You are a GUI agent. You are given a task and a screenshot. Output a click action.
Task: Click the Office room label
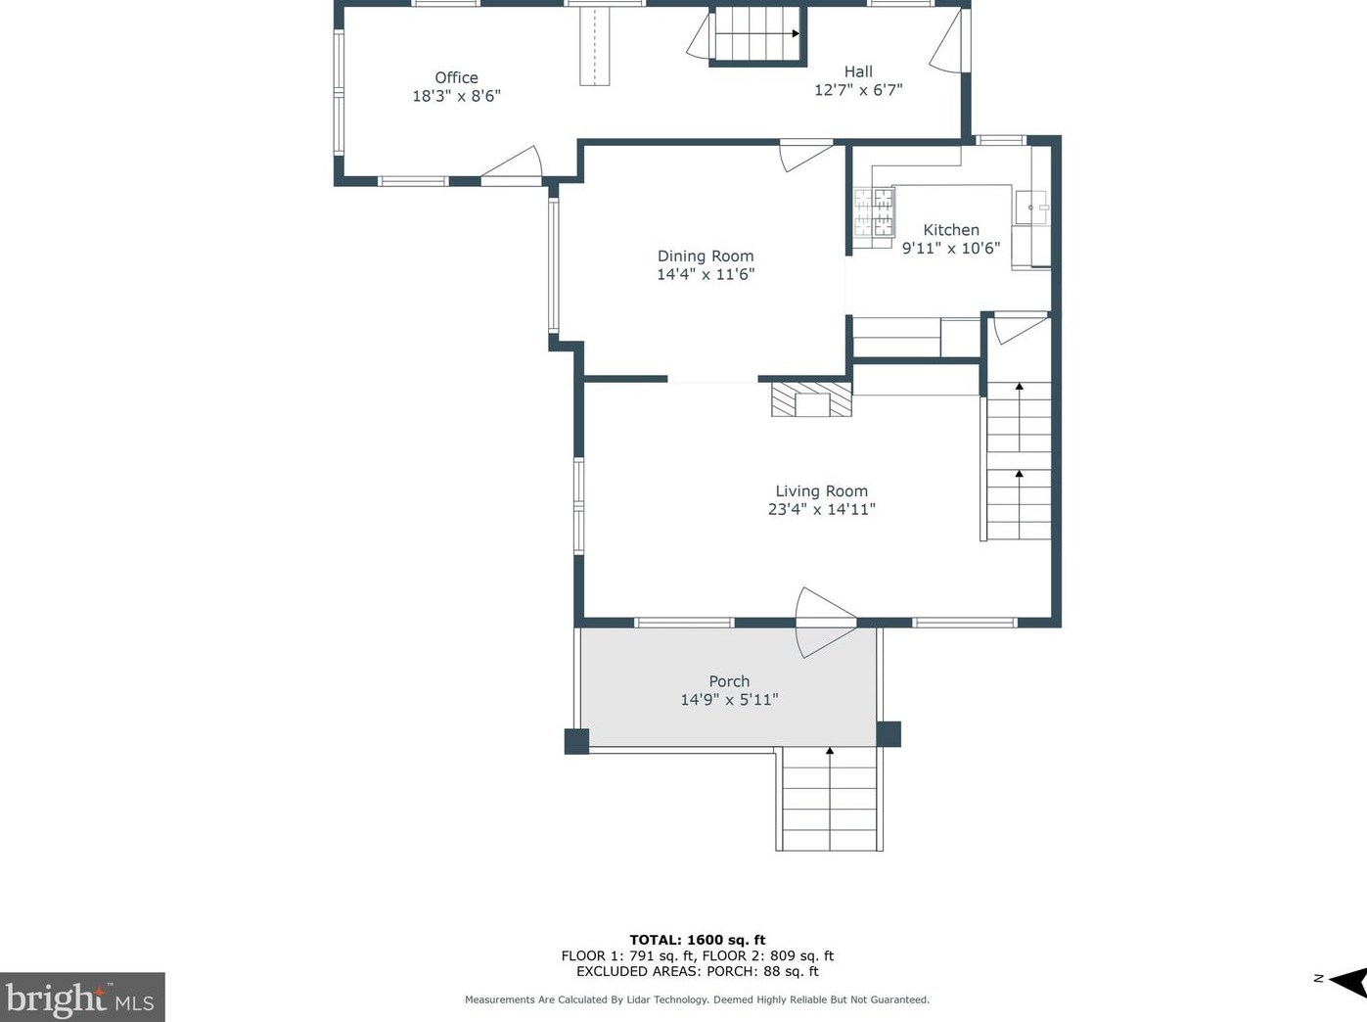[x=456, y=77]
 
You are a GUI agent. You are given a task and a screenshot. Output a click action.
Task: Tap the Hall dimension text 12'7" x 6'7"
[x=858, y=90]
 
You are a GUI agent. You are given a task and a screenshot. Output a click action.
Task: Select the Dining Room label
[x=705, y=256]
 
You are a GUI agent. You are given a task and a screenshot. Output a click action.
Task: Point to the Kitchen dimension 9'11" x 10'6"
[x=950, y=249]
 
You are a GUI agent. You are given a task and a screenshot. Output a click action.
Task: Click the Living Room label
[x=821, y=491]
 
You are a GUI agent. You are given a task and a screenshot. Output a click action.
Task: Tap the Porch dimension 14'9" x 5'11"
[x=729, y=700]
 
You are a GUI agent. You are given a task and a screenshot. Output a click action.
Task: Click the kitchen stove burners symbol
[x=874, y=212]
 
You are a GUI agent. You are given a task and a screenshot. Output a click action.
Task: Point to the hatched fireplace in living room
[x=811, y=399]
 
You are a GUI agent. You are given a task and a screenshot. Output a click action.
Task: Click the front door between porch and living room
[x=824, y=623]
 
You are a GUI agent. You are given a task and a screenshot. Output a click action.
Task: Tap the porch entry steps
[x=830, y=799]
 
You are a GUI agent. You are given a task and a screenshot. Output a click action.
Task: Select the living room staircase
[x=1018, y=461]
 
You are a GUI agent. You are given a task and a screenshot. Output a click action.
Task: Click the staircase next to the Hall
[x=757, y=34]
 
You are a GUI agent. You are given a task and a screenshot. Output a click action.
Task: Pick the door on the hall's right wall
[x=949, y=41]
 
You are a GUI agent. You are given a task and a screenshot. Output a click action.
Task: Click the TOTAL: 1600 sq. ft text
[x=697, y=940]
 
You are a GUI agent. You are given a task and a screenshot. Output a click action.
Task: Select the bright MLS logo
[x=82, y=998]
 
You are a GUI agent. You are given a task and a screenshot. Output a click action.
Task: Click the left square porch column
[x=576, y=741]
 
